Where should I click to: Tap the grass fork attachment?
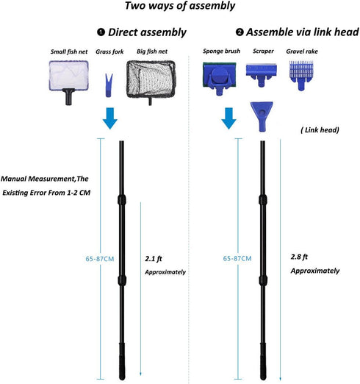109,85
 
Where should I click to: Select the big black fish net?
151,80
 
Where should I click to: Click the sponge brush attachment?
220,78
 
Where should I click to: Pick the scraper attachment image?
262,75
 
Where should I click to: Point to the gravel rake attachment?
301,76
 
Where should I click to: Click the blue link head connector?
262,116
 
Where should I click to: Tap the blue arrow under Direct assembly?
110,118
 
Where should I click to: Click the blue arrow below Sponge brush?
228,118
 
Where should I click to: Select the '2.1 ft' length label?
154,258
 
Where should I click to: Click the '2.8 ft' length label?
299,257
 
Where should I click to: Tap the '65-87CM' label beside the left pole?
100,259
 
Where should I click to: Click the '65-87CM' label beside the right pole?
237,258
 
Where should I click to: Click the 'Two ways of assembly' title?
180,6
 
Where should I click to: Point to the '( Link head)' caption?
320,130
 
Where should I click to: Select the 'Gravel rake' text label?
302,51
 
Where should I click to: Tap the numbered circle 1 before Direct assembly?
101,32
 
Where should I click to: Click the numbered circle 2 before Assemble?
240,32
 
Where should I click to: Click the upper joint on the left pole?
122,199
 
